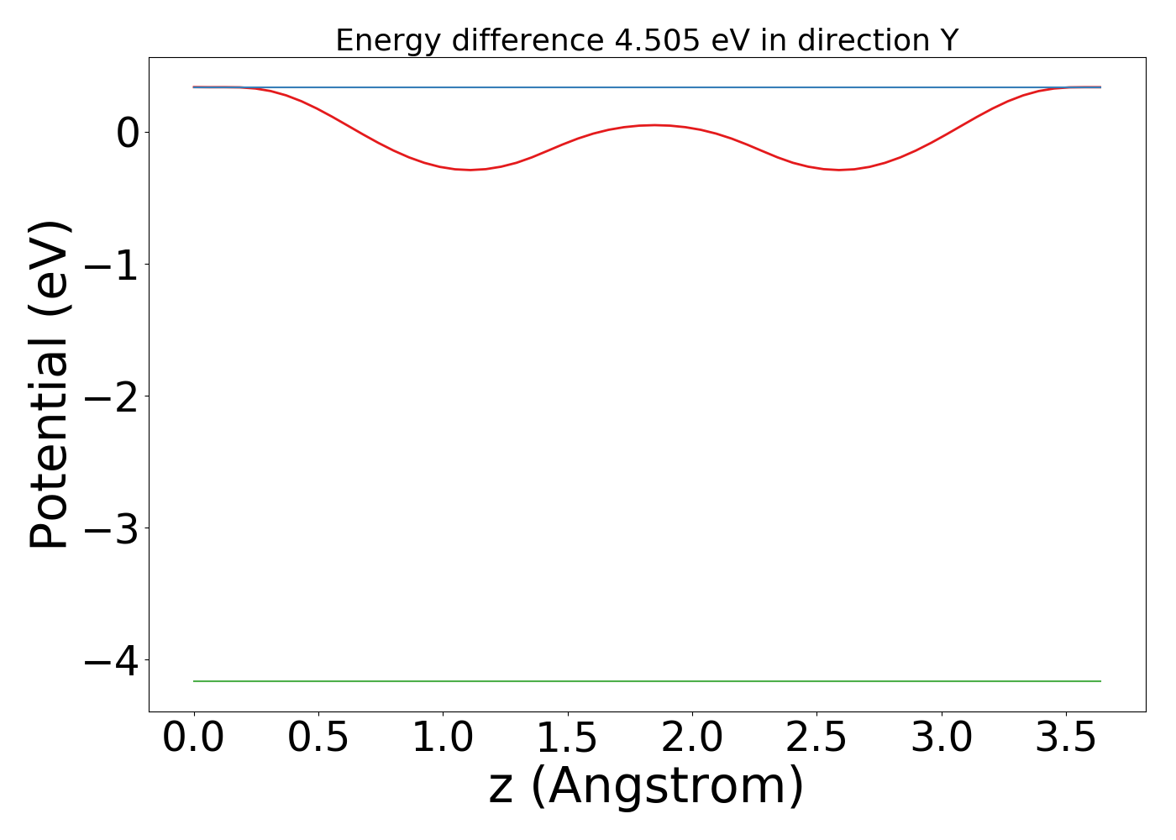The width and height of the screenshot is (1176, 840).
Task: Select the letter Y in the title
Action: point(949,40)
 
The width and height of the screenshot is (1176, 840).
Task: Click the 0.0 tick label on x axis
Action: point(194,738)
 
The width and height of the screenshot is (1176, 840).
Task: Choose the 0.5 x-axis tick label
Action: point(318,738)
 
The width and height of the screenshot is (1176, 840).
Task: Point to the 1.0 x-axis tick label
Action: point(443,738)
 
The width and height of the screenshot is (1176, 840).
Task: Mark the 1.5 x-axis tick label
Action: point(567,738)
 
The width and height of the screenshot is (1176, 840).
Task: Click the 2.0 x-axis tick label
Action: point(691,738)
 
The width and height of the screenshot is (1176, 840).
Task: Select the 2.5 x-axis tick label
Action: point(816,738)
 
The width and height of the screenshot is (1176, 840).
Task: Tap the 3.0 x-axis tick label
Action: point(941,738)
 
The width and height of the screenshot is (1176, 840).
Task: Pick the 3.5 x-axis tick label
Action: point(1065,738)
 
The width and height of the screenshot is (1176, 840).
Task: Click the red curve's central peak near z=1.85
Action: point(654,125)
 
